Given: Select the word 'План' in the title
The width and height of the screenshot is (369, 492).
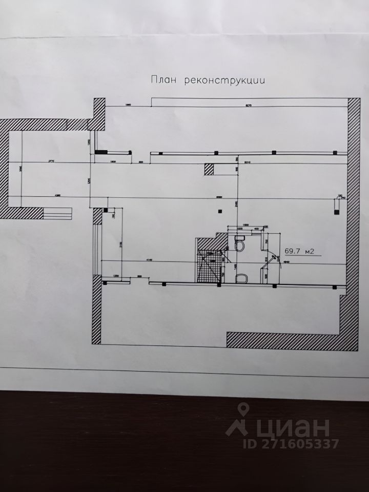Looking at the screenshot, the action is pyautogui.click(x=163, y=80).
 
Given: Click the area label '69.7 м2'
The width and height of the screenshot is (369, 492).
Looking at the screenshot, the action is pyautogui.click(x=299, y=251).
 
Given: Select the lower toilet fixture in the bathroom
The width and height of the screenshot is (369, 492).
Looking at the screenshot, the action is pyautogui.click(x=240, y=278).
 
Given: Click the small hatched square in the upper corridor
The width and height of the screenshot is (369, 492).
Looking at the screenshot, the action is pyautogui.click(x=209, y=169).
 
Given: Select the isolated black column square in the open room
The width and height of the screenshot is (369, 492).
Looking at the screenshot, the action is pyautogui.click(x=220, y=210).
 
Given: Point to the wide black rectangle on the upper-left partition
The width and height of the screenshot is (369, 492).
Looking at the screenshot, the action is pyautogui.click(x=101, y=152).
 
